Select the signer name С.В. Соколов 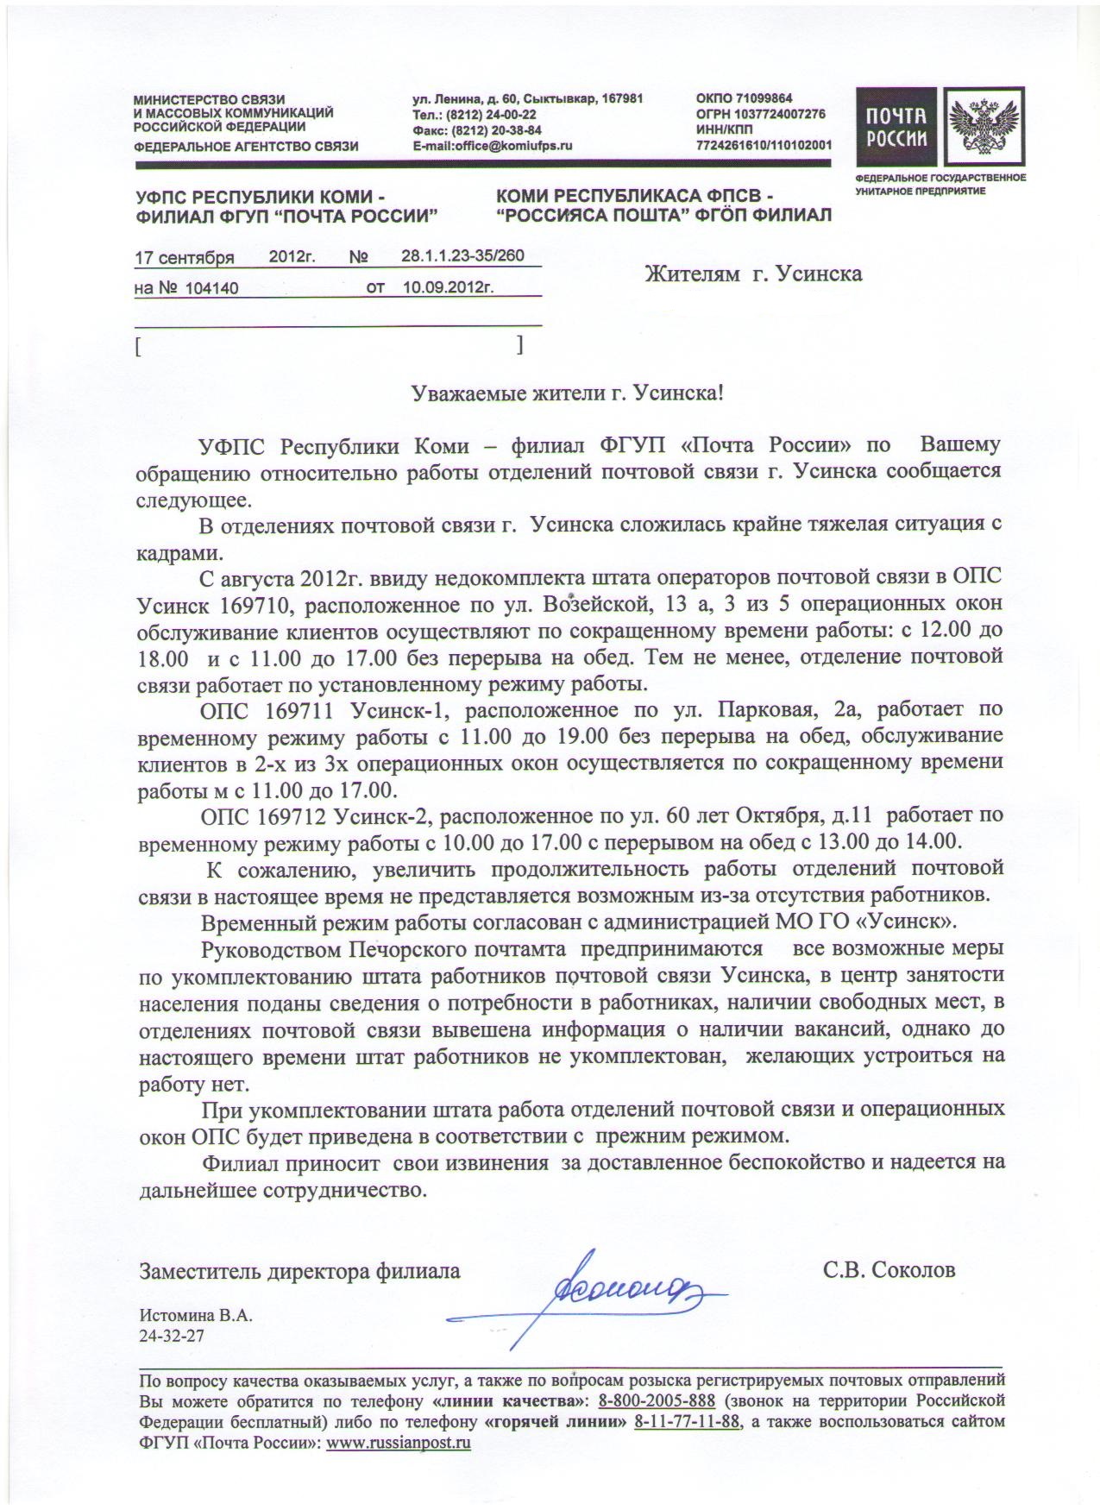click(x=889, y=1270)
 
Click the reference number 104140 click(x=211, y=289)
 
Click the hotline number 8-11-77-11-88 click(x=687, y=1421)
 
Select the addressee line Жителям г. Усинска click(x=753, y=274)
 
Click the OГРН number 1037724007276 click(x=780, y=114)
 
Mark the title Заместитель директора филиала click(x=299, y=1270)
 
